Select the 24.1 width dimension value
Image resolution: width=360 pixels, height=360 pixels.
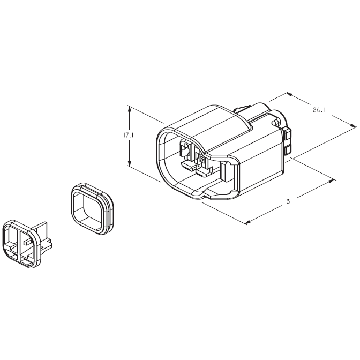pos(320,110)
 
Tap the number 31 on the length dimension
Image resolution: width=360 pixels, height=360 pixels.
pos(289,201)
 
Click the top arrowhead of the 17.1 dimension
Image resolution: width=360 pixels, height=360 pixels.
pos(130,108)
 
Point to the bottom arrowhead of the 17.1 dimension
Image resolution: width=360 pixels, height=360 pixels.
pos(130,164)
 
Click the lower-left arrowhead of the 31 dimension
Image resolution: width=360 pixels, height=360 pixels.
pos(248,221)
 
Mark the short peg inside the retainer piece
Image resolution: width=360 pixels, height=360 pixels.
pos(26,242)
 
